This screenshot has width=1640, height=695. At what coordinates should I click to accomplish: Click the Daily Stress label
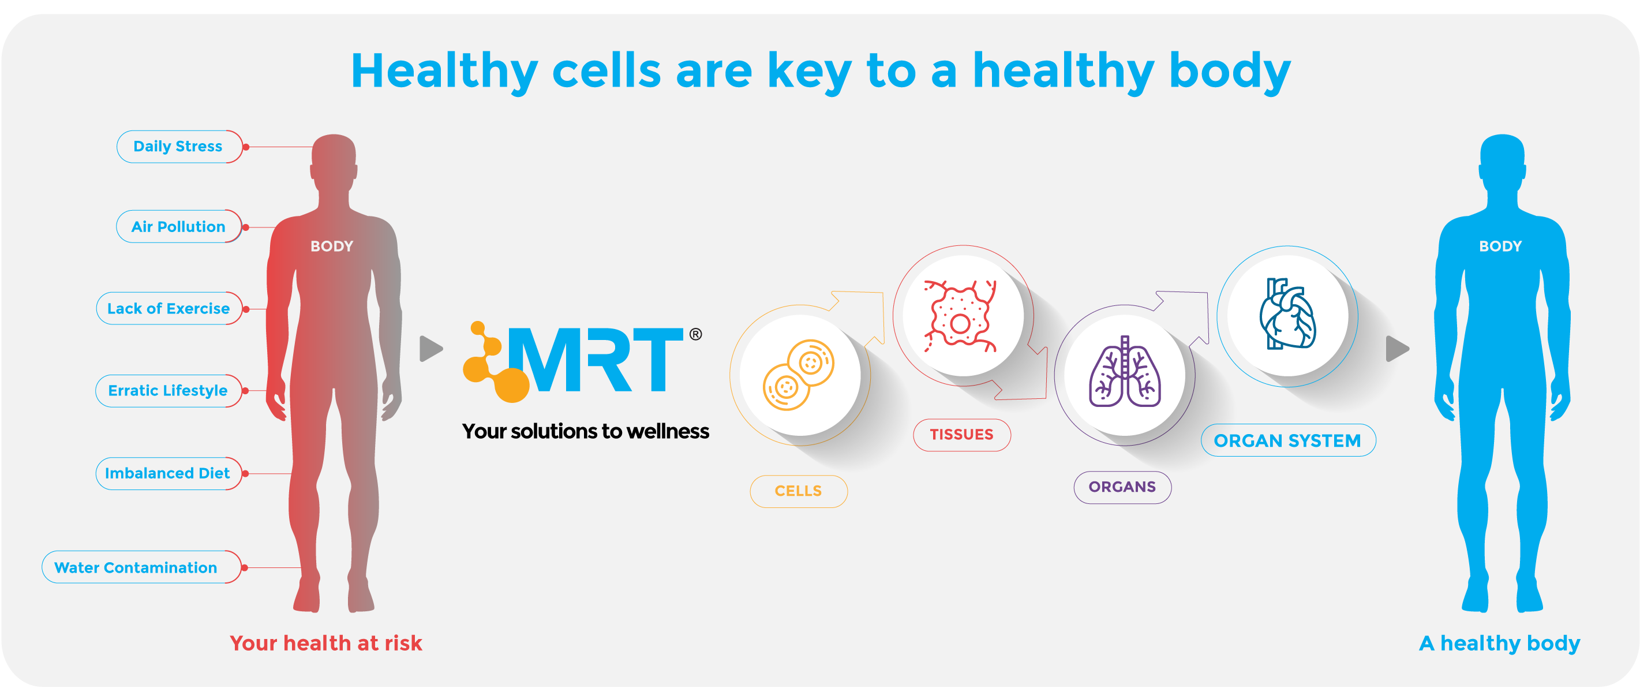point(179,147)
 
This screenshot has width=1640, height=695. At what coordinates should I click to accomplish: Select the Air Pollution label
point(179,227)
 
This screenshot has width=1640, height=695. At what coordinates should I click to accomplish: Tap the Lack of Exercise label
point(169,308)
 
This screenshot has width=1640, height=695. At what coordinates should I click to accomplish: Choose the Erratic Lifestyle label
point(169,390)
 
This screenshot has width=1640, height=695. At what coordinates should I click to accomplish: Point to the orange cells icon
point(798,375)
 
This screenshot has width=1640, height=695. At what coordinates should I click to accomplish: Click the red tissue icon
point(961,316)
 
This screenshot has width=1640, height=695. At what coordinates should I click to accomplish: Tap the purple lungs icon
point(1124,371)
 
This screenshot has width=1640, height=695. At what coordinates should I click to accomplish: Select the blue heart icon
point(1287,314)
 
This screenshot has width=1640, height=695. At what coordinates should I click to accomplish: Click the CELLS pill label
point(798,491)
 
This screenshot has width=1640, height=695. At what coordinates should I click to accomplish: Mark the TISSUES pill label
point(962,435)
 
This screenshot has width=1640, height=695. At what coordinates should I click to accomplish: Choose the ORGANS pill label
point(1122,487)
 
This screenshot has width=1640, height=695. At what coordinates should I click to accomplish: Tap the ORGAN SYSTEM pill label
point(1288,440)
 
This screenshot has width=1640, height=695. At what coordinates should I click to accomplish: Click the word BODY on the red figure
point(332,246)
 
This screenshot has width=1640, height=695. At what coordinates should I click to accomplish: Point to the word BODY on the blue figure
point(1500,246)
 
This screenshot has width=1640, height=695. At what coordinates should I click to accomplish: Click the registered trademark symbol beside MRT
point(696,334)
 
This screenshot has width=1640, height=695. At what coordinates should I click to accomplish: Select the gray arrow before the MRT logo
point(431,349)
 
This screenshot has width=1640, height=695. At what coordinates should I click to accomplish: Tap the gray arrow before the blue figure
point(1398,349)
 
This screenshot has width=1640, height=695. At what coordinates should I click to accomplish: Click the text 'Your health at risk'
point(326,644)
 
